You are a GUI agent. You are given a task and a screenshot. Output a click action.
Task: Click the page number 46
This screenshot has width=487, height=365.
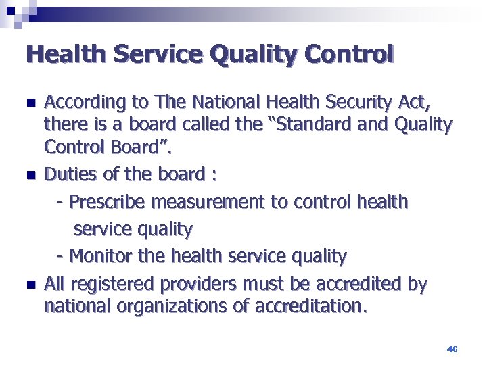pos(453,349)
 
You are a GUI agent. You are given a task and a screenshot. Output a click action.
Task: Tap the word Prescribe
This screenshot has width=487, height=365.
pos(109,202)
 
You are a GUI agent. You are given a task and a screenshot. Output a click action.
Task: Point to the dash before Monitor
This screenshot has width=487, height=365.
pos(61,257)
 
